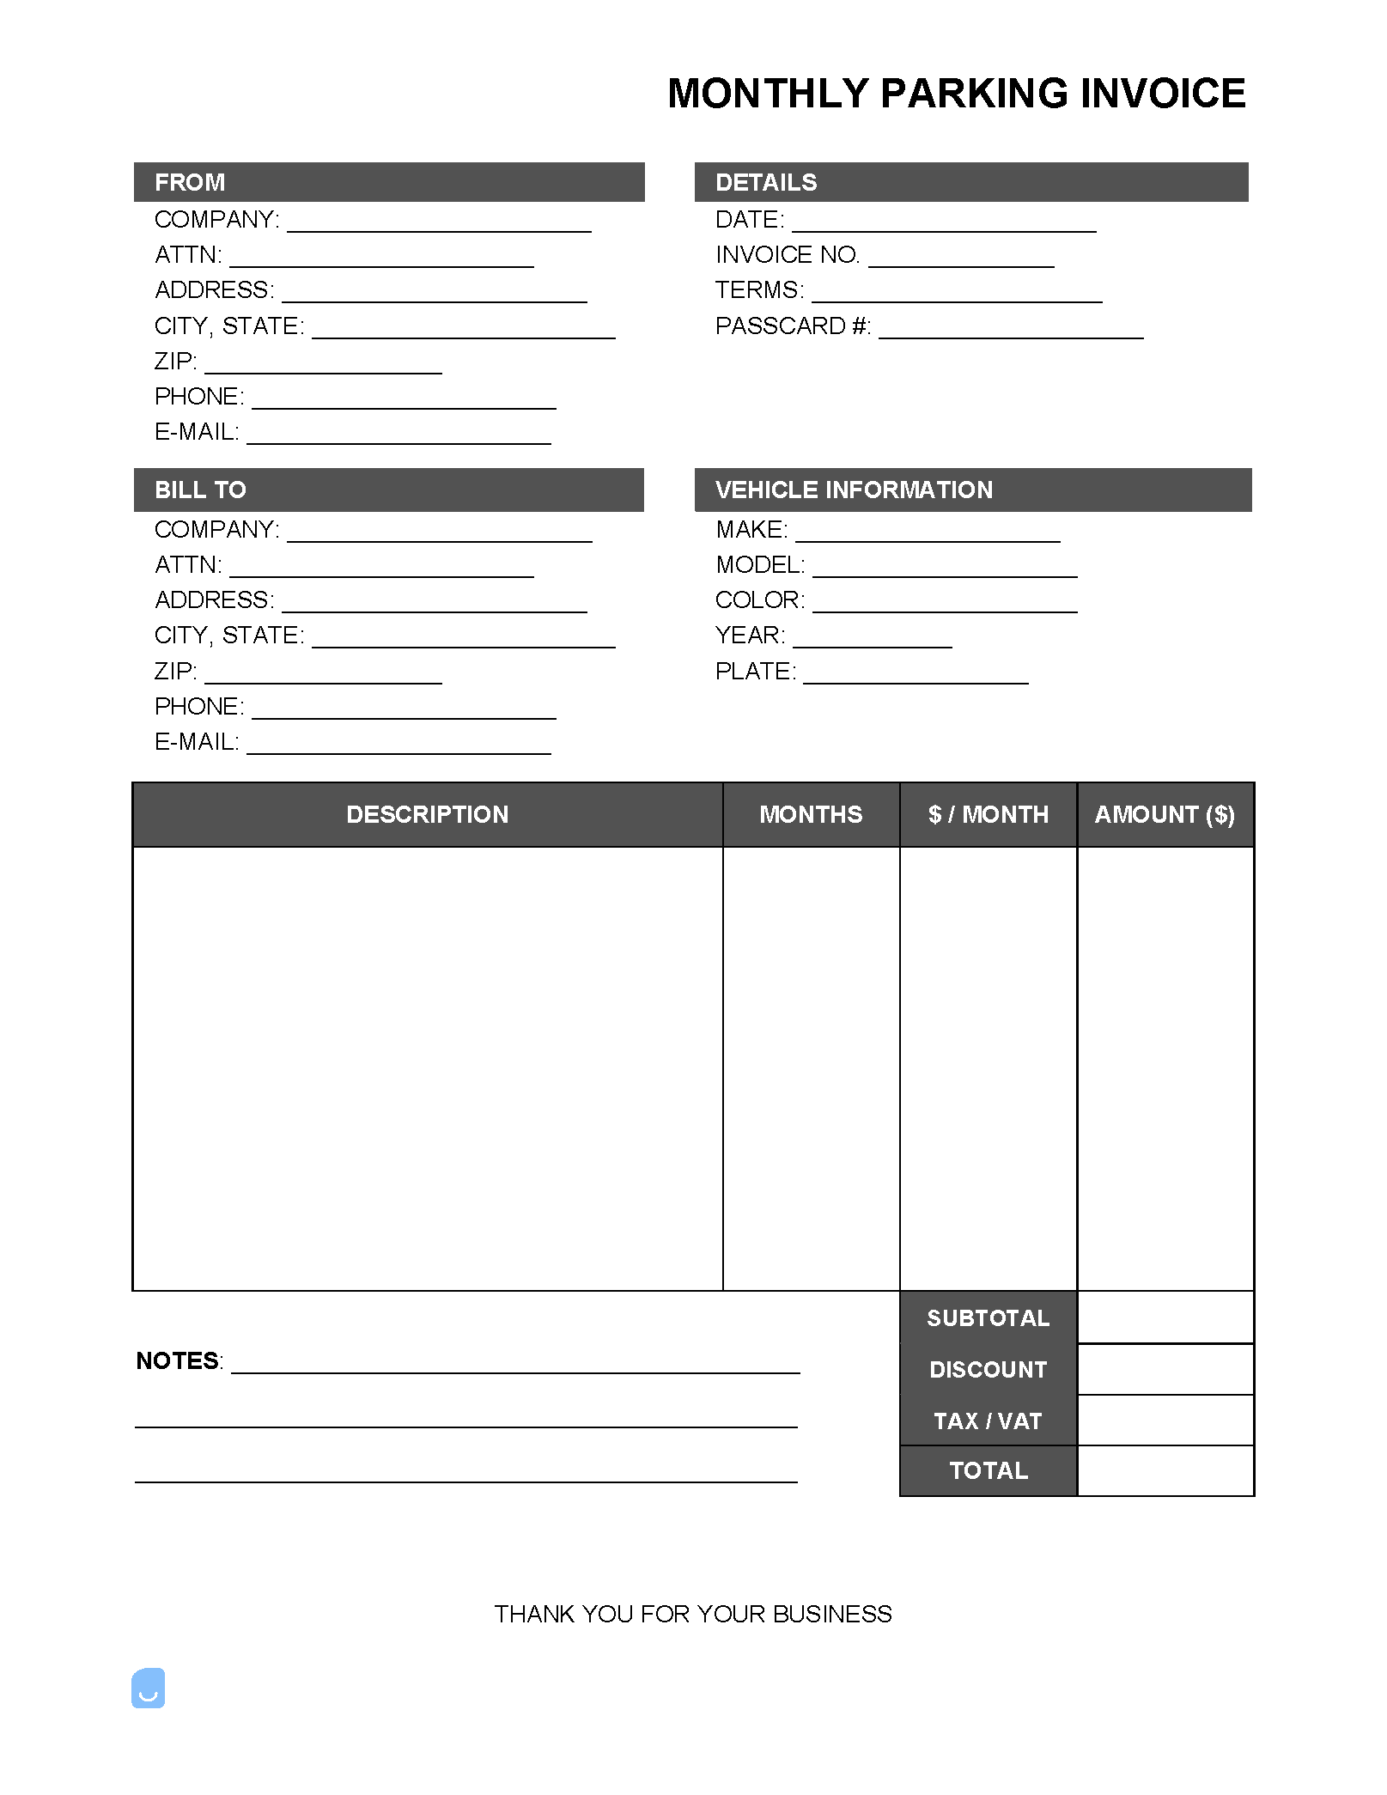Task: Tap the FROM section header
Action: (x=190, y=182)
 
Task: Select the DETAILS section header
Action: (x=766, y=182)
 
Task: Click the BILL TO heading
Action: (x=200, y=490)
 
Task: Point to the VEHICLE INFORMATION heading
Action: (x=854, y=490)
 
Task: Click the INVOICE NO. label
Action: (x=788, y=255)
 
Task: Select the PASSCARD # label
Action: (x=793, y=326)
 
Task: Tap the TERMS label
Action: (x=759, y=290)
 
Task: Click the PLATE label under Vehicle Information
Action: (x=755, y=672)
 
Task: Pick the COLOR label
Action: (x=759, y=600)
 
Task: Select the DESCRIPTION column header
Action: (x=427, y=814)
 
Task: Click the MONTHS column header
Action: (x=811, y=814)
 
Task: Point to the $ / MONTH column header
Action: (x=988, y=814)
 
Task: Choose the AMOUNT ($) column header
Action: (x=1165, y=814)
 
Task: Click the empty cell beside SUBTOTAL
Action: (x=1165, y=1317)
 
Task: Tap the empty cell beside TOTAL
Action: (x=1165, y=1470)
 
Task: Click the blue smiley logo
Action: (x=148, y=1689)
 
